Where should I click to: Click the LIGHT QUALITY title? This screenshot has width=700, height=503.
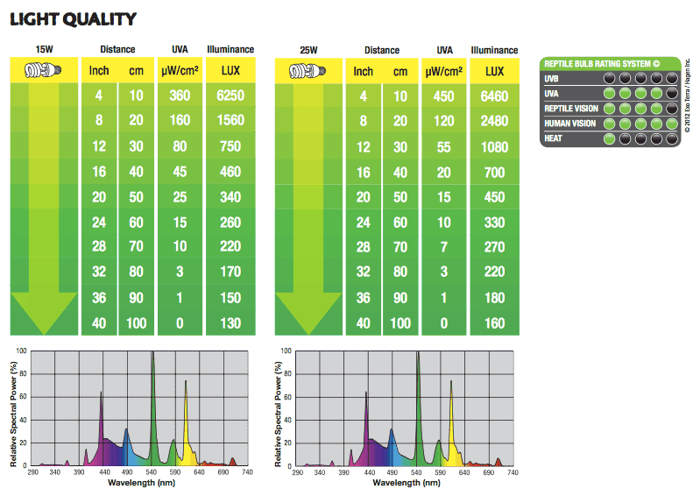point(73,18)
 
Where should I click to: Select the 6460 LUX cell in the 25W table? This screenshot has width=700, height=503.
point(495,96)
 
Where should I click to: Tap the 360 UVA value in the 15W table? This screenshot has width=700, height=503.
point(179,96)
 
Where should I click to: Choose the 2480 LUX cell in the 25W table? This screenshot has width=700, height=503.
point(495,121)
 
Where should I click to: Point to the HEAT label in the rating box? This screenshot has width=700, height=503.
point(554,138)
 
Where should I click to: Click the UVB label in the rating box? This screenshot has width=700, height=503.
point(553,79)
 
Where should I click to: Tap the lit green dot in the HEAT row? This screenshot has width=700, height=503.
point(609,138)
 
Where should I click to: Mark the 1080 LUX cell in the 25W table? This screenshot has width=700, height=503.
point(495,146)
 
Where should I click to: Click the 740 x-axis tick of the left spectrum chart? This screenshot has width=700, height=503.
point(246,473)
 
